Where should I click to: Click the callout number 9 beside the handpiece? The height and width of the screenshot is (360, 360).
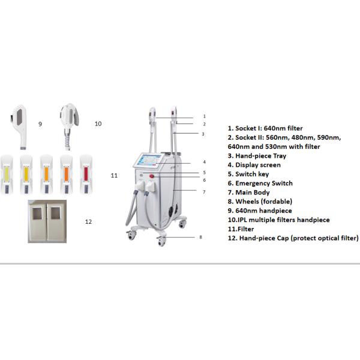[40, 124]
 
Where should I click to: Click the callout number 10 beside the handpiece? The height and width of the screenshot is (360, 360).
[98, 124]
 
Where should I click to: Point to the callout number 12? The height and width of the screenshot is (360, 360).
[88, 221]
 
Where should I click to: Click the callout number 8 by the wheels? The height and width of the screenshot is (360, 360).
[200, 238]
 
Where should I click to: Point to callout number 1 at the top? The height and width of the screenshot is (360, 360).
[205, 116]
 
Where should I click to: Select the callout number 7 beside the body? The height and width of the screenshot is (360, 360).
[204, 192]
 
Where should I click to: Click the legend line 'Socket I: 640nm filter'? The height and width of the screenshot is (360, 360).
[265, 128]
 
